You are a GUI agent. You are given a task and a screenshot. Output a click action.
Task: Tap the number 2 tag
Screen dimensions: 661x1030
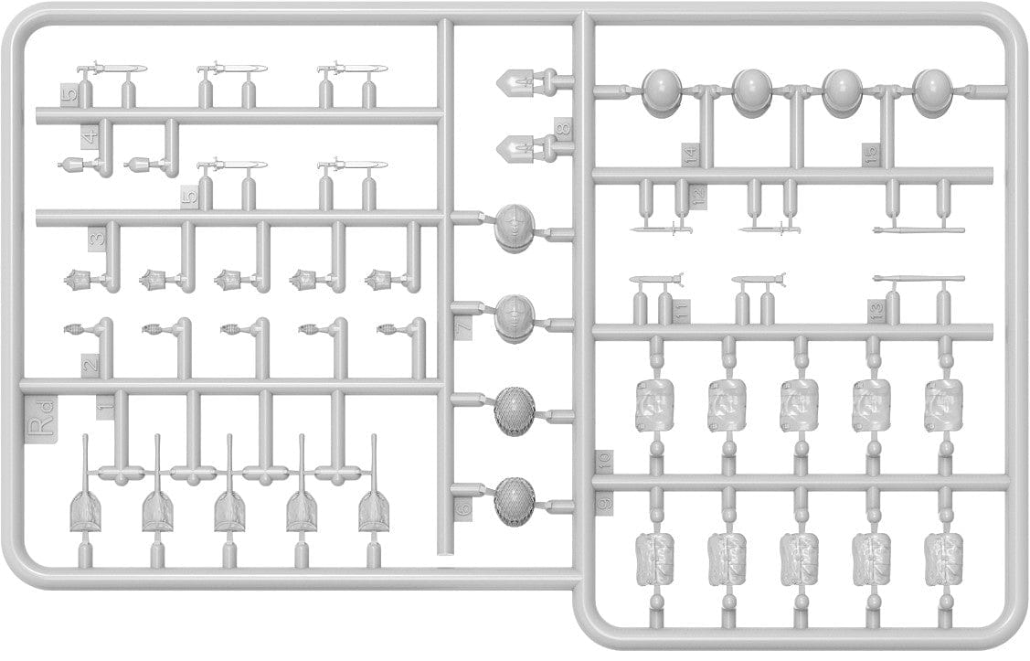click(90, 364)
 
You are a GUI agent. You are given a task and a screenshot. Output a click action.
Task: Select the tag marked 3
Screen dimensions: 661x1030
click(96, 240)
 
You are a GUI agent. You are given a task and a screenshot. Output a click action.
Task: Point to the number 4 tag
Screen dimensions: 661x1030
click(90, 138)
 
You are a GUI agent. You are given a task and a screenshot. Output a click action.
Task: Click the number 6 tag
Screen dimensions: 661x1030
click(463, 512)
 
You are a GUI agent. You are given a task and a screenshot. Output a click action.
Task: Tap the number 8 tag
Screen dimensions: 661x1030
click(564, 129)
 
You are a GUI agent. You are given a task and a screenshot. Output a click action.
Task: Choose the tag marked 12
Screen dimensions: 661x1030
click(699, 197)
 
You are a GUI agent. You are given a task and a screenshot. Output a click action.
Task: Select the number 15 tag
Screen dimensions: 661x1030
click(873, 155)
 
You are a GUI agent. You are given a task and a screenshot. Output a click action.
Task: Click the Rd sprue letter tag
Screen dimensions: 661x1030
click(42, 427)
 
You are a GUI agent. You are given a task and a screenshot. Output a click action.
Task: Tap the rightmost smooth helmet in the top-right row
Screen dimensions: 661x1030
click(933, 91)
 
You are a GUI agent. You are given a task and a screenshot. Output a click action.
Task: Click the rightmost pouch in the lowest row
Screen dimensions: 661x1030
click(942, 558)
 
